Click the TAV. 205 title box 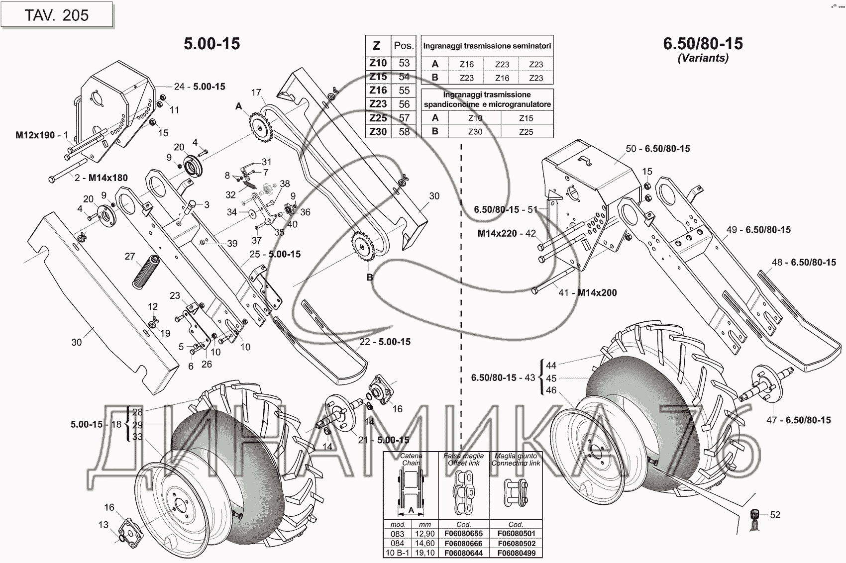tap(57, 15)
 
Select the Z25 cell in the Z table tap(378, 118)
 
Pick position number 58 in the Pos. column tap(404, 132)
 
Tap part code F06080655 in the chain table tap(463, 534)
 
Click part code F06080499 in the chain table tap(516, 553)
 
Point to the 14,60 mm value tap(424, 544)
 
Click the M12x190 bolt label tap(35, 135)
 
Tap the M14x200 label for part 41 tap(597, 293)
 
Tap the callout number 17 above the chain tap(256, 93)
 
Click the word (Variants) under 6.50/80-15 tap(703, 58)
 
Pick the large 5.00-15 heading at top tap(212, 44)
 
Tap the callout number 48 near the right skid tap(777, 262)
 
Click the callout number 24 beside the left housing tap(179, 87)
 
